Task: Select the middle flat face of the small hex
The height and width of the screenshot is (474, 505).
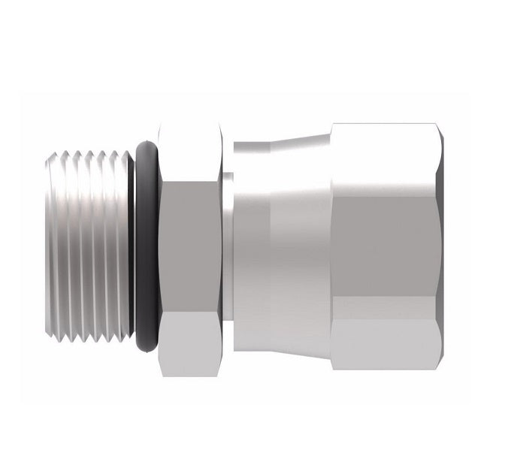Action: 191,248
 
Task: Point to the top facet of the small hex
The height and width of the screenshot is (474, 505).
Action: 191,151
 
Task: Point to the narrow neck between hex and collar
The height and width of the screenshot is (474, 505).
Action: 227,248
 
